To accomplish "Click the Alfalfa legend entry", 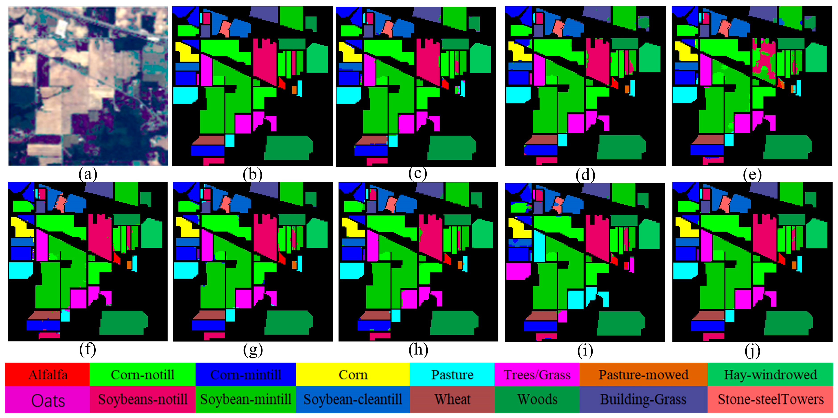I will point(47,375).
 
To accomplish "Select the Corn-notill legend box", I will point(142,375).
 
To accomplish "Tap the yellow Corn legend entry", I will point(353,375).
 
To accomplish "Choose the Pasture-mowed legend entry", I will point(644,375).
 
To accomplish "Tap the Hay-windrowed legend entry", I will point(770,375).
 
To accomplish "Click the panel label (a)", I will point(88,174).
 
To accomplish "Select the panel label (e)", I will point(752,175).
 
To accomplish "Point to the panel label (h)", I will point(418,350).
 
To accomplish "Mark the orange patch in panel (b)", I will point(294,89).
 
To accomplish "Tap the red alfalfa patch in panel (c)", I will point(445,84).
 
